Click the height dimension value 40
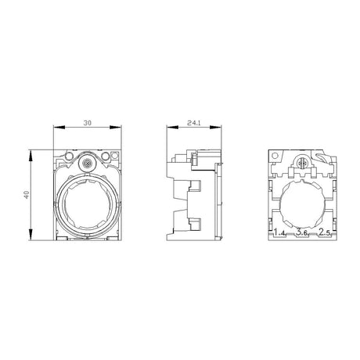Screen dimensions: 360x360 [x=26, y=194]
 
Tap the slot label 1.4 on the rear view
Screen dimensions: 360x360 [x=279, y=232]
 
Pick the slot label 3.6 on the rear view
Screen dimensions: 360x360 [x=301, y=232]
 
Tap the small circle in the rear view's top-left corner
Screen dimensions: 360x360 [x=275, y=157]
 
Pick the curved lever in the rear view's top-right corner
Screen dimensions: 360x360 [x=319, y=159]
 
